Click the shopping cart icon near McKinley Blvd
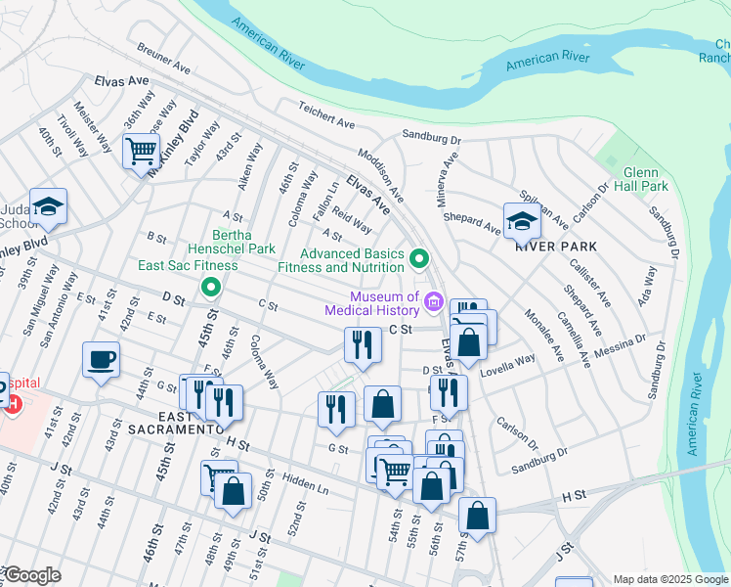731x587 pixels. tap(142, 152)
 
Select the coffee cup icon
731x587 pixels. tap(102, 360)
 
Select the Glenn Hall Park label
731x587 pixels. tap(645, 179)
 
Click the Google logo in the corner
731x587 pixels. tap(31, 575)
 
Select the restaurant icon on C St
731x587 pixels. tap(362, 344)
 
